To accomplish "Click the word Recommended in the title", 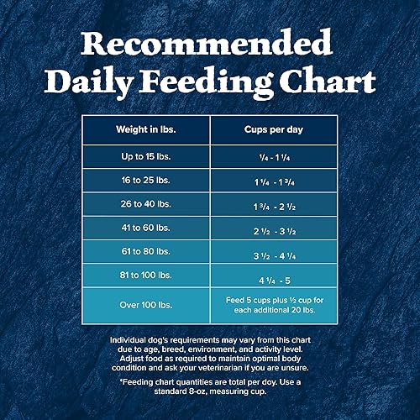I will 210,42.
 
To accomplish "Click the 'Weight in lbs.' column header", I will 144,129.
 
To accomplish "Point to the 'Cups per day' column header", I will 272,129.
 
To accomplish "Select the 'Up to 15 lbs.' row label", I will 144,158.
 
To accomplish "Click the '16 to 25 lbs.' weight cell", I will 144,181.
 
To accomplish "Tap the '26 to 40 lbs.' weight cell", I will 144,205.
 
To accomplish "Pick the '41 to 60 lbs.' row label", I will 144,228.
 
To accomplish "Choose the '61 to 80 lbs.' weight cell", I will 144,252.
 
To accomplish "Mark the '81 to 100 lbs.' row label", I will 144,276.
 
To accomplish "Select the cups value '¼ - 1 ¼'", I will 272,158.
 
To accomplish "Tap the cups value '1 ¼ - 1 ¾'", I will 272,181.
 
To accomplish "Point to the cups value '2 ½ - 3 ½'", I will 272,229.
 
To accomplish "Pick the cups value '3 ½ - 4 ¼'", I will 272,253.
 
